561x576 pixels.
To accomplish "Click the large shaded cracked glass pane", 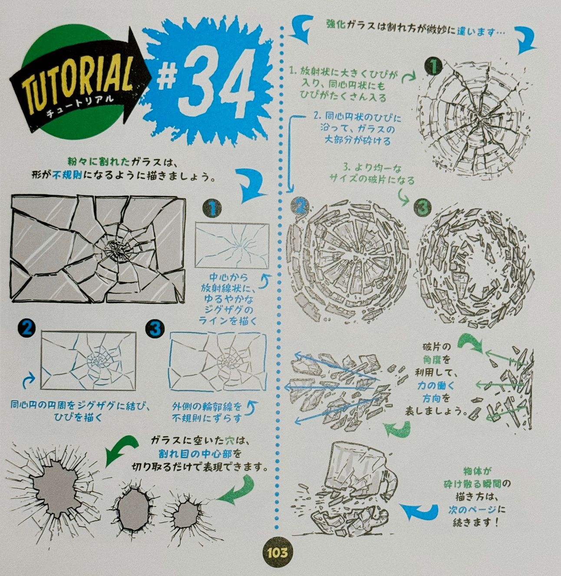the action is click(x=98, y=249).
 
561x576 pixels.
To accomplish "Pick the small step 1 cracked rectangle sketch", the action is click(x=232, y=245).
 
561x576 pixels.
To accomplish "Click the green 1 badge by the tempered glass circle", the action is click(x=433, y=67).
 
